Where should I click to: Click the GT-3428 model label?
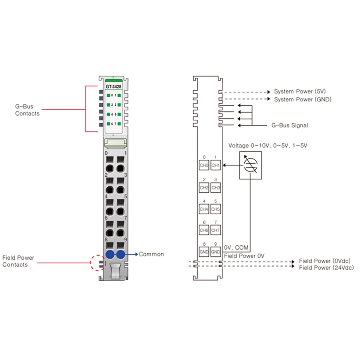113,86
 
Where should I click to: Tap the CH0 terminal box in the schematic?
204,165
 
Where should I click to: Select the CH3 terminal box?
216,188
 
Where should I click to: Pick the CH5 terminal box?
216,209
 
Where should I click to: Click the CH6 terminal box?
204,230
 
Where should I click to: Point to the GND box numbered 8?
204,252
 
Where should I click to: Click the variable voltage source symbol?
251,165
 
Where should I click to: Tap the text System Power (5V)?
300,91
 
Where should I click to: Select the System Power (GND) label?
303,99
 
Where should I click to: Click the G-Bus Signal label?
290,126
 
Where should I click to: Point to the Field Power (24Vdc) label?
326,268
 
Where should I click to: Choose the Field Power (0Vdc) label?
324,261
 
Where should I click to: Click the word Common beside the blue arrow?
151,254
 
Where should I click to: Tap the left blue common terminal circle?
110,254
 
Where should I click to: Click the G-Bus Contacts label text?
27,110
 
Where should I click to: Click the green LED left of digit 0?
108,95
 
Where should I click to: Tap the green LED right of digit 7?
119,124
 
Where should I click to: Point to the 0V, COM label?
236,247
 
